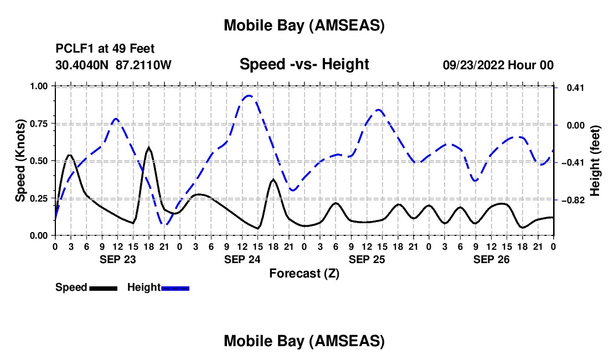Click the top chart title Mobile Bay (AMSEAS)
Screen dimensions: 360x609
pyautogui.click(x=304, y=25)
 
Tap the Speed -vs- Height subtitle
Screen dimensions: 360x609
pyautogui.click(x=304, y=64)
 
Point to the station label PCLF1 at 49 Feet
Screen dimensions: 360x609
pyautogui.click(x=105, y=49)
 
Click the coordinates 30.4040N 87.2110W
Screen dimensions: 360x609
pyautogui.click(x=113, y=65)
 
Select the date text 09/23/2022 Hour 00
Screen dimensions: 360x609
pyautogui.click(x=498, y=65)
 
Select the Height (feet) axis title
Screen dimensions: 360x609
pyautogui.click(x=595, y=161)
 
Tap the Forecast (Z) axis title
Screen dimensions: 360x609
pyautogui.click(x=304, y=273)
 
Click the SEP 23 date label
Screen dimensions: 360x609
pyautogui.click(x=117, y=259)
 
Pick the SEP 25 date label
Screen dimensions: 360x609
pyautogui.click(x=367, y=259)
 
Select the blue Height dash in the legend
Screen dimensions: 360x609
pyautogui.click(x=176, y=287)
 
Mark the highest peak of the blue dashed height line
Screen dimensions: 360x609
pyautogui.click(x=249, y=96)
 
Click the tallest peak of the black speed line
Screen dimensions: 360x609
pyautogui.click(x=148, y=148)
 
